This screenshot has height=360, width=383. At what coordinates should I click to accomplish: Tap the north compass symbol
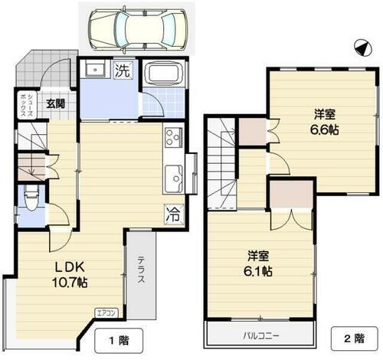point(360,47)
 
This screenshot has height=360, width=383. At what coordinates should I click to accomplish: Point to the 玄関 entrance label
point(54,104)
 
